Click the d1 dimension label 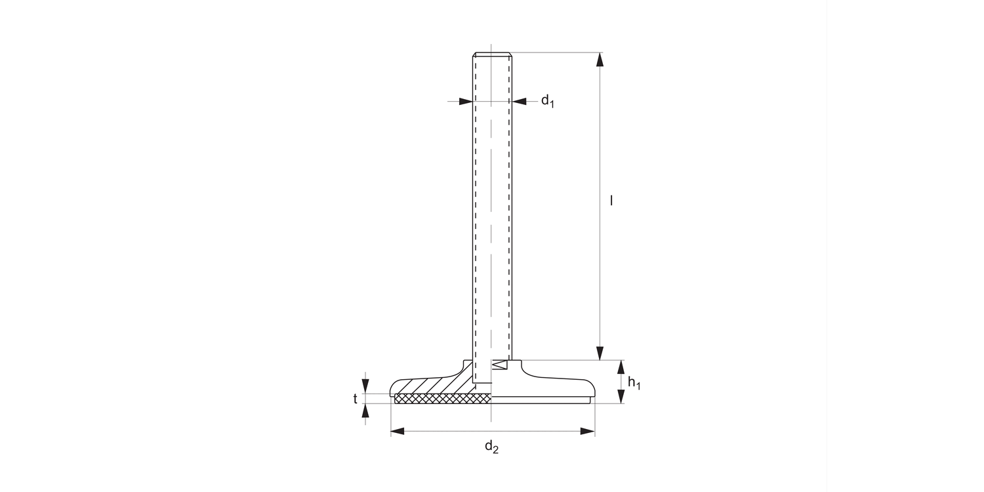548,101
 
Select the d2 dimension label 491,447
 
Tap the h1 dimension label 633,383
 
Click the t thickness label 356,398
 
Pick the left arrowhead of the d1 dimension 465,101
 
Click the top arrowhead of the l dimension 600,60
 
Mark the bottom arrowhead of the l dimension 600,353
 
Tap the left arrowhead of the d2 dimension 398,431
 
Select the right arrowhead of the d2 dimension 588,431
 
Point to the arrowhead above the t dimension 365,386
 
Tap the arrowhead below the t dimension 365,411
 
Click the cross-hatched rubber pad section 443,398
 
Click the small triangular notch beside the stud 501,365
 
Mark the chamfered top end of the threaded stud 492,54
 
